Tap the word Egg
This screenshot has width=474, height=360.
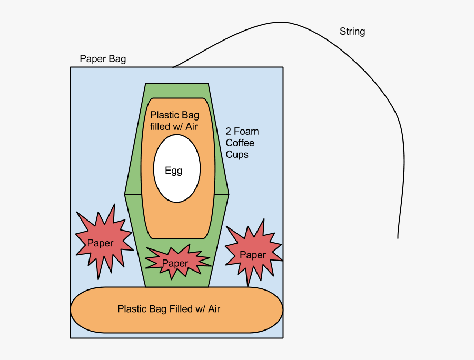(173, 171)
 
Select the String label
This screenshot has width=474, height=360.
(352, 32)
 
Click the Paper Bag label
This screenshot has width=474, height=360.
(103, 58)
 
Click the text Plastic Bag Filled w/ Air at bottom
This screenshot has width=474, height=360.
(169, 309)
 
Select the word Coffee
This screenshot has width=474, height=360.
(240, 143)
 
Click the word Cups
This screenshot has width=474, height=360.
(237, 154)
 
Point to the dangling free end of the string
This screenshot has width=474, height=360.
(398, 237)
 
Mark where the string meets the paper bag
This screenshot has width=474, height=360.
(173, 67)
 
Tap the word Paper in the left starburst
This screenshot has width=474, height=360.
(100, 243)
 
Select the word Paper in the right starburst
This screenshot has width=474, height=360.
(253, 255)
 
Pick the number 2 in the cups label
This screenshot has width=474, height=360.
(229, 131)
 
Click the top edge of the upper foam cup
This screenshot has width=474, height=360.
(177, 84)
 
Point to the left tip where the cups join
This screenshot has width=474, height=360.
(125, 194)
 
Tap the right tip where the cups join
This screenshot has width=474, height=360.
(228, 194)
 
